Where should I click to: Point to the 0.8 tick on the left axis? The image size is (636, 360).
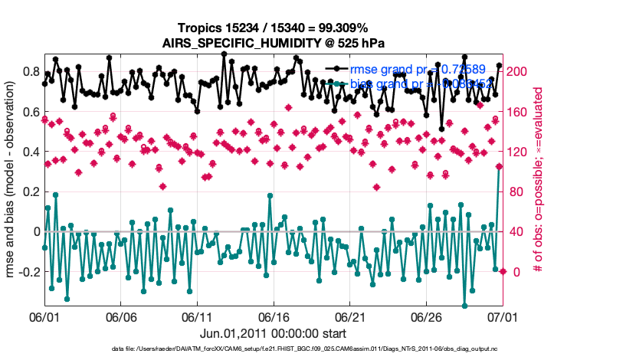click(x=30, y=72)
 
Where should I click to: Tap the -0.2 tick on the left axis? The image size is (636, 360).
click(x=28, y=272)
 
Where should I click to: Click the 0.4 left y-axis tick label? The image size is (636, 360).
click(x=30, y=152)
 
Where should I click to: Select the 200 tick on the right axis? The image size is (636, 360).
click(x=519, y=71)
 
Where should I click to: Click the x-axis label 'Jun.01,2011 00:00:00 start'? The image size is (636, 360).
click(x=273, y=333)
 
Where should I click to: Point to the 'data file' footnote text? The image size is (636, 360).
click(x=273, y=350)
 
